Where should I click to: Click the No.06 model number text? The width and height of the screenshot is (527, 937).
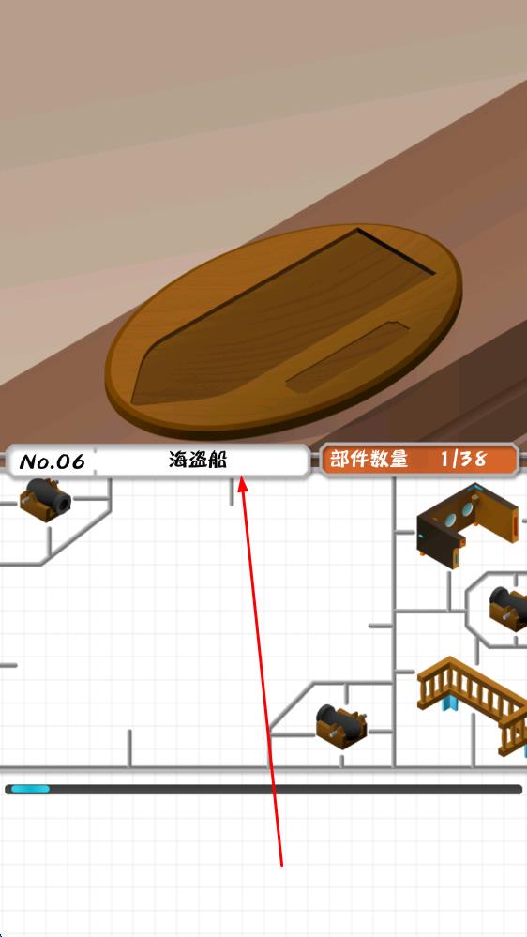[x=52, y=461]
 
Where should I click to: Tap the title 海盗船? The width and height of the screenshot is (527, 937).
[x=198, y=460]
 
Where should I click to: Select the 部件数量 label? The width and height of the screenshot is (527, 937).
[x=369, y=459]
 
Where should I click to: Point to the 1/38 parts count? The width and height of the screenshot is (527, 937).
[x=463, y=459]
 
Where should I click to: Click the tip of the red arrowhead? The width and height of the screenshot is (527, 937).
[x=241, y=476]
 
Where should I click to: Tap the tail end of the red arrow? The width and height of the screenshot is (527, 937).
[x=281, y=864]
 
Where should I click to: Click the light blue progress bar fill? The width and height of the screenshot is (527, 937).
[x=30, y=789]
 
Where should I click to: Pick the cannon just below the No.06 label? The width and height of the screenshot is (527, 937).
[x=45, y=500]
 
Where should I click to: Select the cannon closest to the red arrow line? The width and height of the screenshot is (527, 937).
[x=340, y=724]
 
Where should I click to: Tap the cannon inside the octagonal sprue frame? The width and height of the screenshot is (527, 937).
[x=508, y=608]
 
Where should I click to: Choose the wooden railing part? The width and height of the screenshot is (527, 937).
[x=472, y=698]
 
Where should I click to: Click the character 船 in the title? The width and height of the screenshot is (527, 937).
[x=218, y=460]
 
